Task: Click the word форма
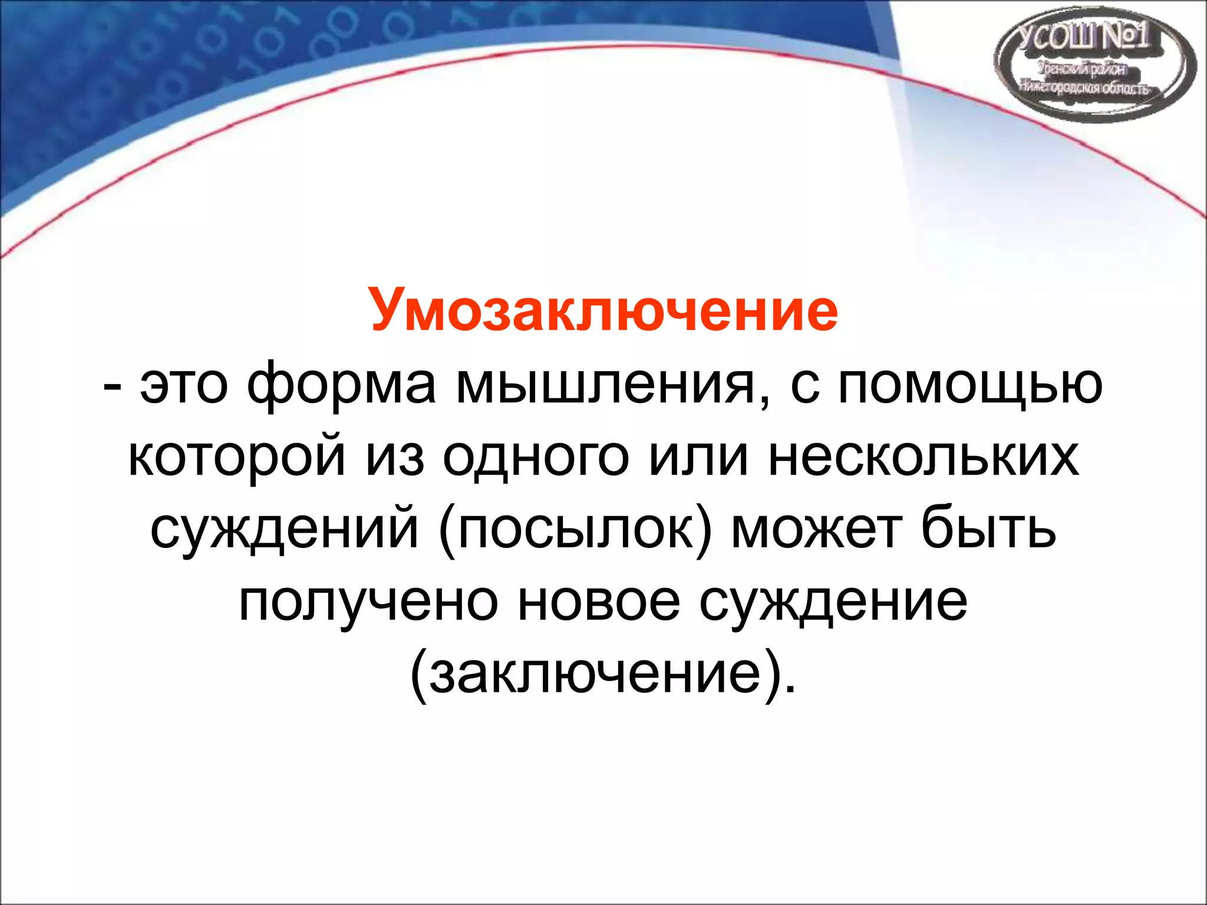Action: (342, 386)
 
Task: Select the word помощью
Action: (970, 386)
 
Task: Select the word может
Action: (817, 529)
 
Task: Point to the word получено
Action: (368, 602)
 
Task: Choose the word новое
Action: (599, 602)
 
